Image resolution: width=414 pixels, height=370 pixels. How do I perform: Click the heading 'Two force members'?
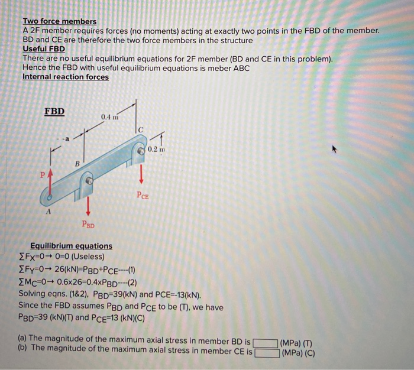(59, 22)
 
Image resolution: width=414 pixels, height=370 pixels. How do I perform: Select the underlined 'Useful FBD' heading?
(43, 49)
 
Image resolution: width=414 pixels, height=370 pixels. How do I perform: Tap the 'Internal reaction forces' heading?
(66, 77)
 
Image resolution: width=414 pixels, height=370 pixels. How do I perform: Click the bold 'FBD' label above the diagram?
(54, 111)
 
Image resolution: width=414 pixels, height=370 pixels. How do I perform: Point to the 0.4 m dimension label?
(110, 116)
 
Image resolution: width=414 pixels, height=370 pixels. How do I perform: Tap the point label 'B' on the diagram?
(77, 163)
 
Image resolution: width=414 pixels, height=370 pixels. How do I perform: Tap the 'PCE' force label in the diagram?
(143, 194)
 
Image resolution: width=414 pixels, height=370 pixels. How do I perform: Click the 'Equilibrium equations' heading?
(71, 246)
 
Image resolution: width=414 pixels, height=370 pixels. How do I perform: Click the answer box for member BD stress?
(266, 342)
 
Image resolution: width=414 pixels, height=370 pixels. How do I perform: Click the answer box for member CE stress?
(266, 352)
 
